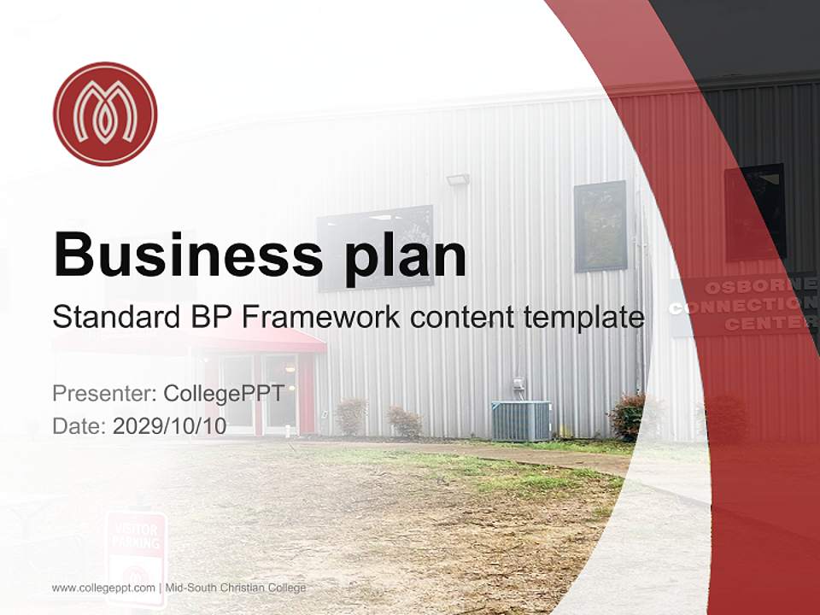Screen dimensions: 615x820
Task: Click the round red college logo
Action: coord(105,114)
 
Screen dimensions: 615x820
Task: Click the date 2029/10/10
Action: coord(169,425)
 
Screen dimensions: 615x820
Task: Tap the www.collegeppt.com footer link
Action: coord(103,588)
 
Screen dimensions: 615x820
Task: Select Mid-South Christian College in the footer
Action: coord(235,588)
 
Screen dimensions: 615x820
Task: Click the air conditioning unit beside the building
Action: coord(521,420)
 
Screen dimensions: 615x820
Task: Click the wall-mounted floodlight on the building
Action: coord(458,180)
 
